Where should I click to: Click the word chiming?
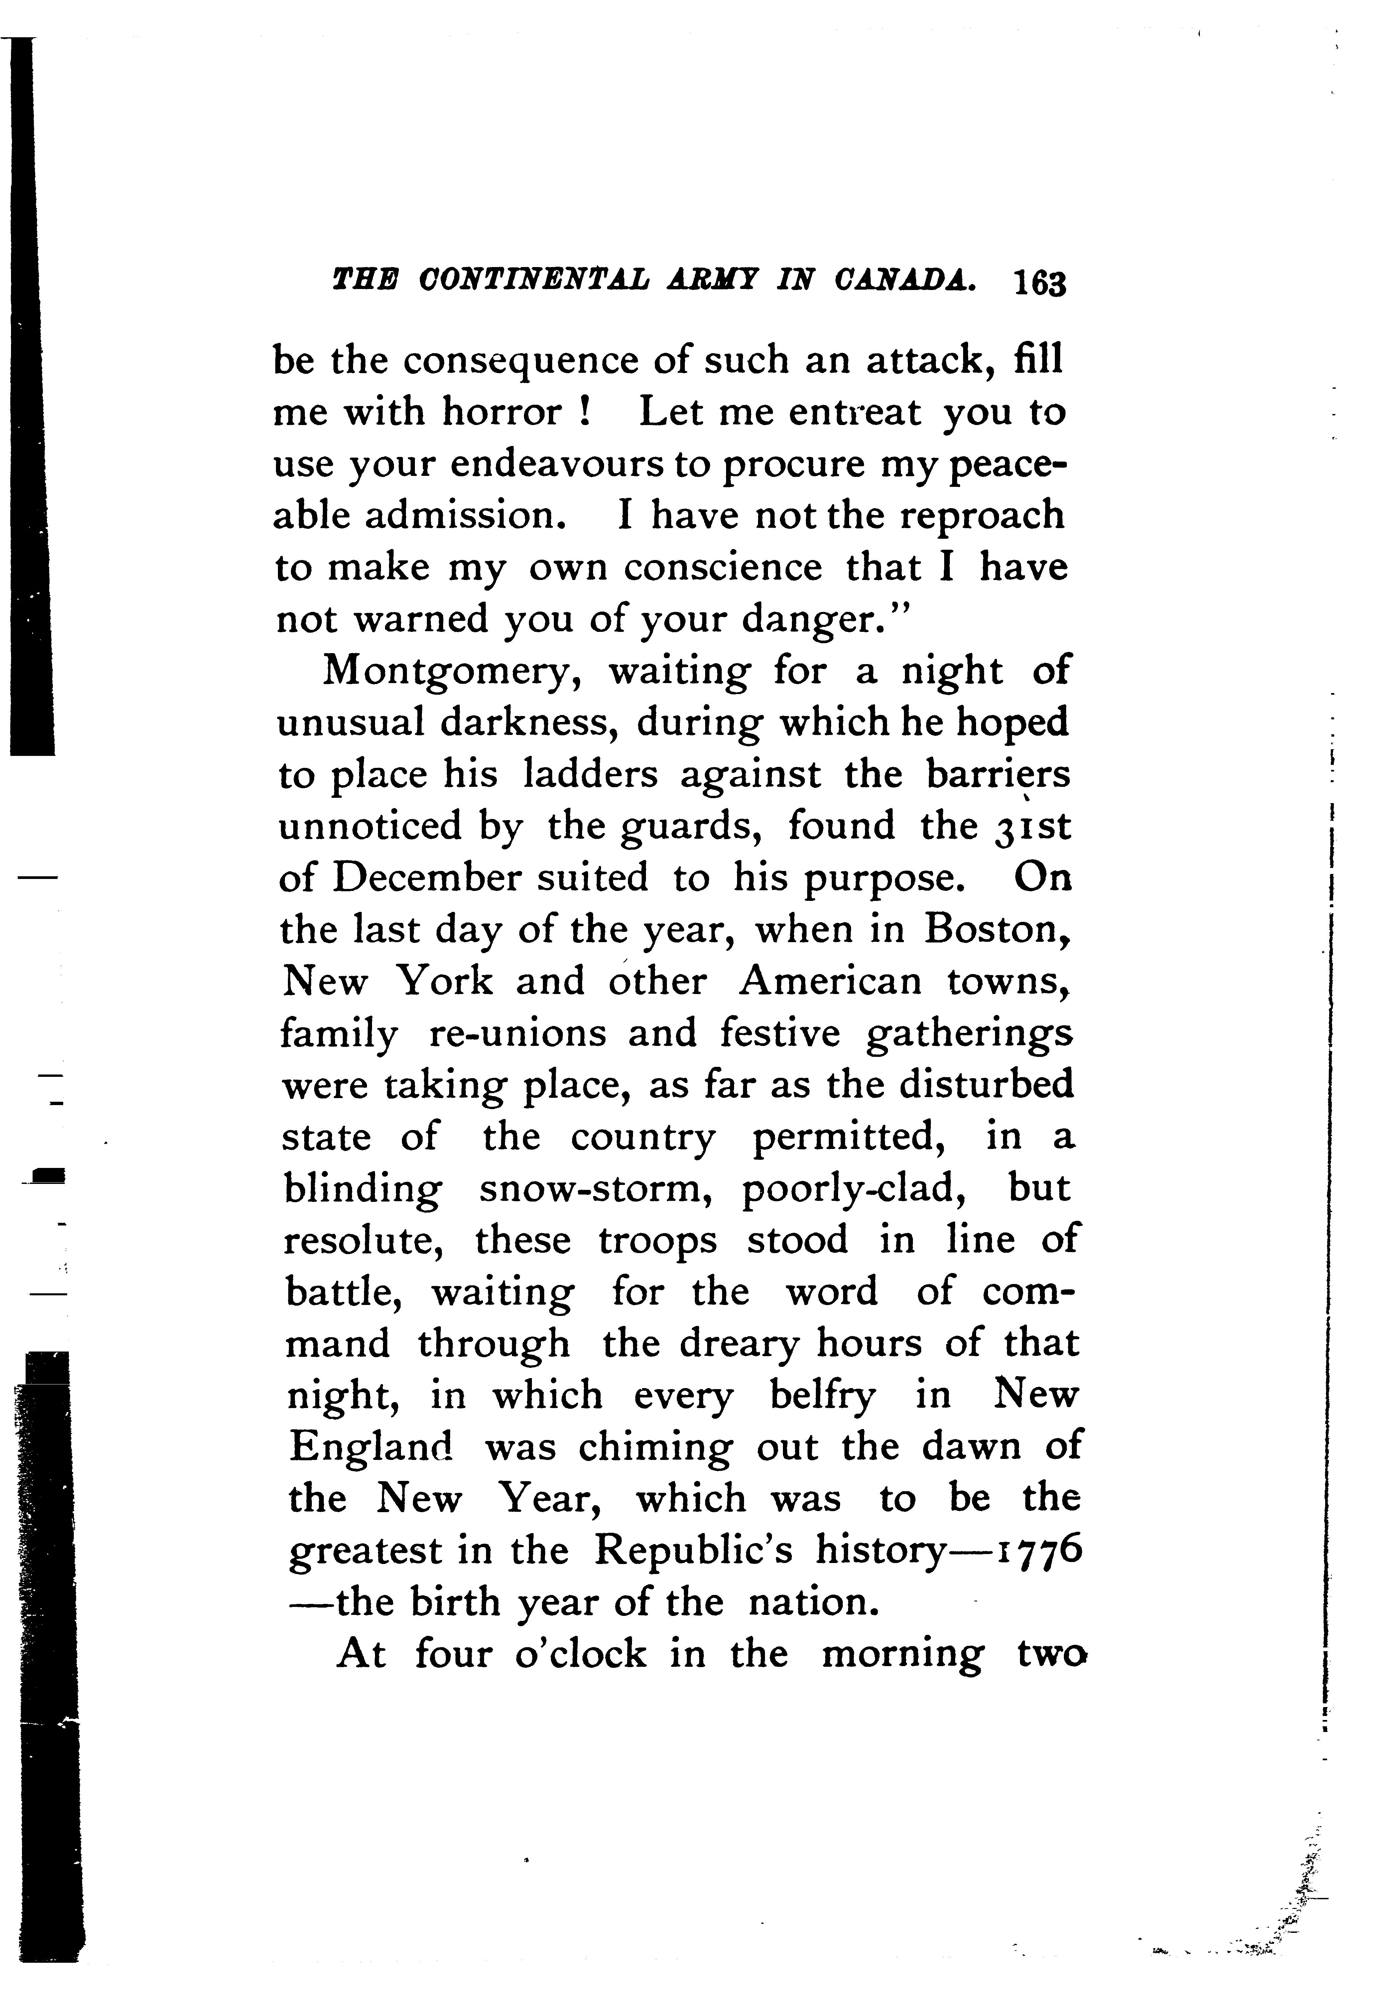655,1448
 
